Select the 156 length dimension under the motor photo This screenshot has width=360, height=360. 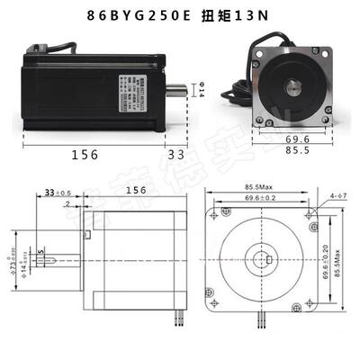coord(85,154)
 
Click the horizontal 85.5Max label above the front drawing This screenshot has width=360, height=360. coord(264,187)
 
